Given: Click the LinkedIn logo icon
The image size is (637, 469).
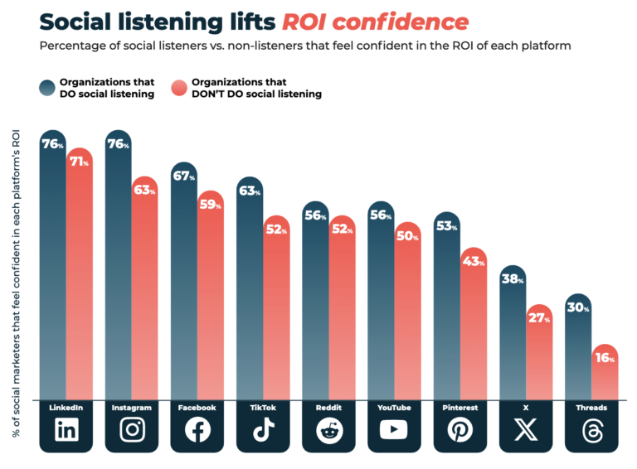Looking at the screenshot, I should (x=66, y=430).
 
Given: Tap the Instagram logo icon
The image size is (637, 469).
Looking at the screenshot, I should (x=131, y=430).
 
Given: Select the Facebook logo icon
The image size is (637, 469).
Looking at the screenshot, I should (x=197, y=430).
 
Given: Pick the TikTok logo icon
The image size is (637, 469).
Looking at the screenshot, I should (x=262, y=430).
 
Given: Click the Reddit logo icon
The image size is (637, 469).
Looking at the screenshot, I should (x=328, y=430).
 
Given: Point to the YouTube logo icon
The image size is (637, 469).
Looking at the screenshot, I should (x=394, y=430).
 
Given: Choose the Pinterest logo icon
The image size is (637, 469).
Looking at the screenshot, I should (x=460, y=430).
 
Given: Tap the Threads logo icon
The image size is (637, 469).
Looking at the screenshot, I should (x=591, y=430).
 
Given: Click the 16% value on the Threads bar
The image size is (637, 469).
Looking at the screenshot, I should (x=604, y=359).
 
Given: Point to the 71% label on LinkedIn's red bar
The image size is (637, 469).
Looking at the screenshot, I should (x=79, y=162).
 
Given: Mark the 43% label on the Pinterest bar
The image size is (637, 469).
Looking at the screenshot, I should (x=473, y=262).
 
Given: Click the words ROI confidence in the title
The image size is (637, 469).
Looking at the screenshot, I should (x=386, y=22).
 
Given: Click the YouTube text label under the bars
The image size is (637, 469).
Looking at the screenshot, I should (x=394, y=408).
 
